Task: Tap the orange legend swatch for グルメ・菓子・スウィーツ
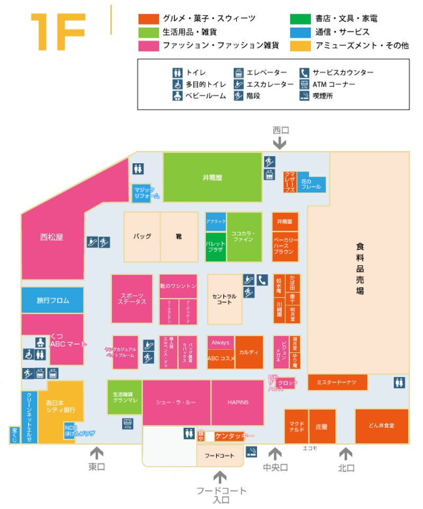coord(148,19)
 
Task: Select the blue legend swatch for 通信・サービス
coord(300,32)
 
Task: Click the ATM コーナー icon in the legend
coord(304,84)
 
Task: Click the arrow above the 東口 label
coord(96,453)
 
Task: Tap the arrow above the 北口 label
coord(346,453)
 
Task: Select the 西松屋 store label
coord(52,237)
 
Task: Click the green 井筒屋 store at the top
coord(212,177)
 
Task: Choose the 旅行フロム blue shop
coord(52,300)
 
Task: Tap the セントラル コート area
coord(225,299)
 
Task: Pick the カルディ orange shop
coord(249,352)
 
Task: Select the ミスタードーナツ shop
coord(337,382)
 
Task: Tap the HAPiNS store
coord(237,403)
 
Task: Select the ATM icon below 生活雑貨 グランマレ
coord(127,422)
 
